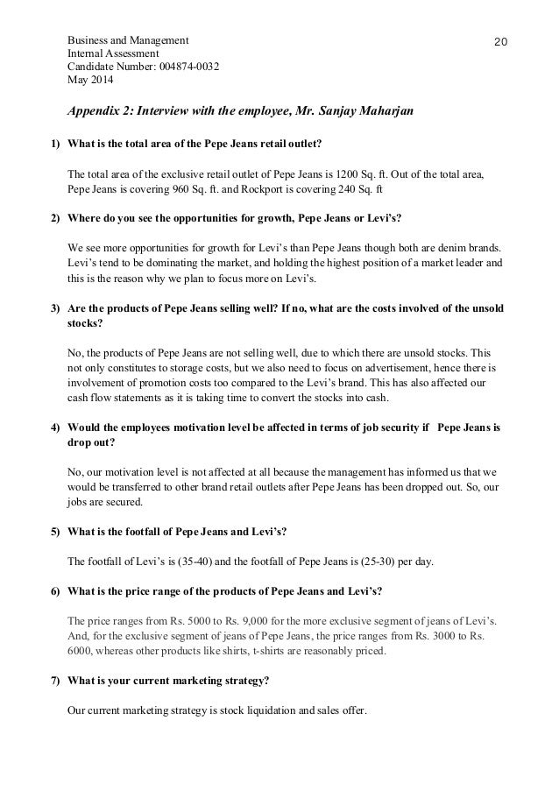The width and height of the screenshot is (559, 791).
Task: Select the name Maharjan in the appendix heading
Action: coord(371,112)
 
